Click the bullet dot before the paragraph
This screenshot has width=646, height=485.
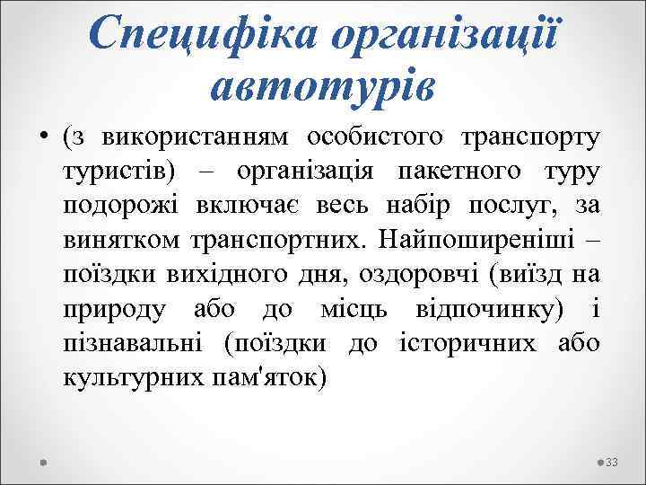(x=43, y=139)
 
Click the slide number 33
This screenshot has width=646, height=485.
(x=613, y=461)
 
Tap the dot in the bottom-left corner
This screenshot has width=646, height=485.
(x=43, y=461)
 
